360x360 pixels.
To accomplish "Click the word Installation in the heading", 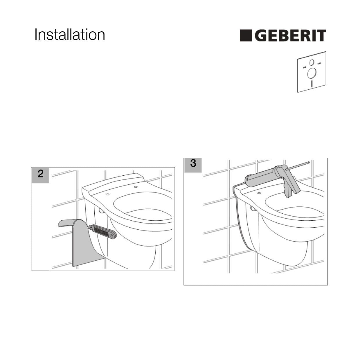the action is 70,35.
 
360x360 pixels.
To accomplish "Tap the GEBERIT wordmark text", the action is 290,35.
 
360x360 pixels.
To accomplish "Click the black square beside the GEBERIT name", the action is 246,35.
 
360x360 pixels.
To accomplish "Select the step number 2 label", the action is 40,174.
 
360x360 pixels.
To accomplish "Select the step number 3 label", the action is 193,163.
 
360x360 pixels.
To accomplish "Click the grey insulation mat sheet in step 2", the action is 80,243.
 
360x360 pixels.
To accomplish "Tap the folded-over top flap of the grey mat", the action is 66,223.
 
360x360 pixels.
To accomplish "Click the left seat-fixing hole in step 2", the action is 107,195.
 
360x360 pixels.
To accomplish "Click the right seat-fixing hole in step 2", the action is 136,187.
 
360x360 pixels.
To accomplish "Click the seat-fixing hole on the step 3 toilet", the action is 259,193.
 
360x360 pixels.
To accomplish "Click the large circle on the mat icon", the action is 312,73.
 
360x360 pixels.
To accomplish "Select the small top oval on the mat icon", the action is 312,62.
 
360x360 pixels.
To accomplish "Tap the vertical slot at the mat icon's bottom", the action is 312,84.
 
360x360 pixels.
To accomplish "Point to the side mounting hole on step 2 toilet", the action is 102,211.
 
